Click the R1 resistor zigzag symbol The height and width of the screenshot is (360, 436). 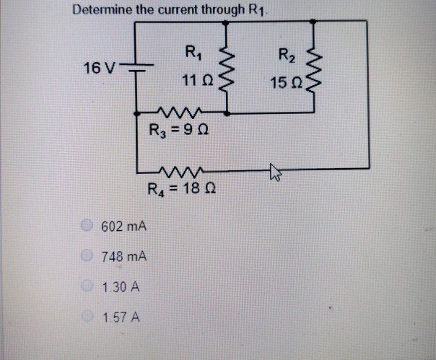click(x=228, y=70)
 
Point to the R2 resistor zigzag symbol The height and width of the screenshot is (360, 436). click(x=315, y=69)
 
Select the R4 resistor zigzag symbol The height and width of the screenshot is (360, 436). click(x=177, y=172)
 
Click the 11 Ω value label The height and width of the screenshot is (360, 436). click(x=195, y=82)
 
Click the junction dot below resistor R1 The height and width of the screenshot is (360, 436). click(x=228, y=113)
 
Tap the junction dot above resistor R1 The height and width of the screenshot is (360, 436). click(x=228, y=21)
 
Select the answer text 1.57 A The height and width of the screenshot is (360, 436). click(x=121, y=317)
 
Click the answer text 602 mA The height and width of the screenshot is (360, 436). click(x=124, y=227)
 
